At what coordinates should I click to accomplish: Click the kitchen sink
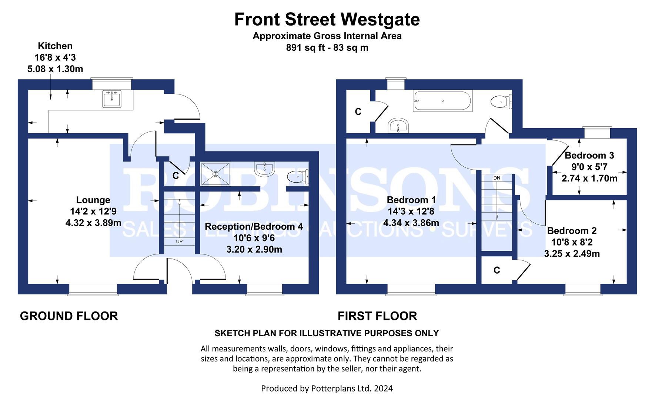click(x=112, y=99)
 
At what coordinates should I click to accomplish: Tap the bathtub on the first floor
click(x=442, y=101)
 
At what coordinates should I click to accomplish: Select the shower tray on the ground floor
click(x=215, y=173)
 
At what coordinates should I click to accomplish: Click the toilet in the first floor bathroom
click(x=501, y=101)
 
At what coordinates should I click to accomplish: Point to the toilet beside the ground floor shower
click(x=298, y=177)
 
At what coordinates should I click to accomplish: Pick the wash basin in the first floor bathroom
click(x=398, y=126)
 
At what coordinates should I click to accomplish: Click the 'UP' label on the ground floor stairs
click(x=179, y=241)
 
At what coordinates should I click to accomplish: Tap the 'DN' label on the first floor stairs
click(x=497, y=178)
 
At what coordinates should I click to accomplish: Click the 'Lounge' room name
click(x=93, y=200)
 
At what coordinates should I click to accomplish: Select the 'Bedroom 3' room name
click(x=589, y=155)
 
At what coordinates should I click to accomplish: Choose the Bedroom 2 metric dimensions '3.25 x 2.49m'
click(x=572, y=254)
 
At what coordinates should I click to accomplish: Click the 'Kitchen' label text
click(x=55, y=46)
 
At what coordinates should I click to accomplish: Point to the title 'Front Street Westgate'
click(x=327, y=19)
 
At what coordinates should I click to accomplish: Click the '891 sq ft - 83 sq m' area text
click(x=327, y=48)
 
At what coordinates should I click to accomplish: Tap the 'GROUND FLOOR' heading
click(x=69, y=316)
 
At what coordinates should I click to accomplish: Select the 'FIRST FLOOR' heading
click(x=377, y=316)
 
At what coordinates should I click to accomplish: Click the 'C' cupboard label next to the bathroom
click(x=358, y=112)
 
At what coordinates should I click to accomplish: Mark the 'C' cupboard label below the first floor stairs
click(x=497, y=270)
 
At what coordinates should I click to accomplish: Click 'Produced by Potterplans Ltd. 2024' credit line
click(x=327, y=388)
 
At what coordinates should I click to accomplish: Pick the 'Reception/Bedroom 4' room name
click(x=254, y=226)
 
